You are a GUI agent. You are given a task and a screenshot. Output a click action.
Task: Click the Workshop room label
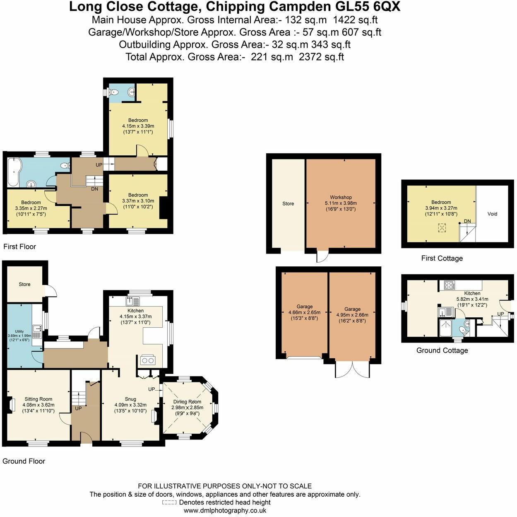tap(341, 197)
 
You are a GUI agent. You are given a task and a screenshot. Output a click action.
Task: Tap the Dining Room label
tap(187, 402)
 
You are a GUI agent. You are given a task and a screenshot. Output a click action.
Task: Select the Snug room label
tap(130, 399)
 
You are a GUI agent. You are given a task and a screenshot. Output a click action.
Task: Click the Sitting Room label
tap(38, 399)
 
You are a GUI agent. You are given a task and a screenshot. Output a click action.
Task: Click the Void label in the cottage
tap(492, 214)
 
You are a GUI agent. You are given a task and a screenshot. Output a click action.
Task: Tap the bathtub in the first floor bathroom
tap(12, 171)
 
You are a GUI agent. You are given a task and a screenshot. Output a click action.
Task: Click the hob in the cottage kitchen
tap(449, 285)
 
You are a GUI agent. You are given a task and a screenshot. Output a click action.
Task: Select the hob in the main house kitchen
tap(147, 360)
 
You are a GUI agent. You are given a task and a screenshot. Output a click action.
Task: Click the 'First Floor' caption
tap(19, 246)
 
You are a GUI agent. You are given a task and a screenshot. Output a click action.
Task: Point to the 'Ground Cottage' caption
tap(442, 350)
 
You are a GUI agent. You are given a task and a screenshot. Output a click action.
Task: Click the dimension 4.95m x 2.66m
tap(352, 315)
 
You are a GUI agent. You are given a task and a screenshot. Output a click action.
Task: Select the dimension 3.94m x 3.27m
tap(441, 208)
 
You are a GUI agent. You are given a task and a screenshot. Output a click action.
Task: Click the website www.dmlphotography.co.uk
tap(225, 511)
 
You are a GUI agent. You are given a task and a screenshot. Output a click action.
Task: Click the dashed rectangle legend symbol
tap(169, 503)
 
